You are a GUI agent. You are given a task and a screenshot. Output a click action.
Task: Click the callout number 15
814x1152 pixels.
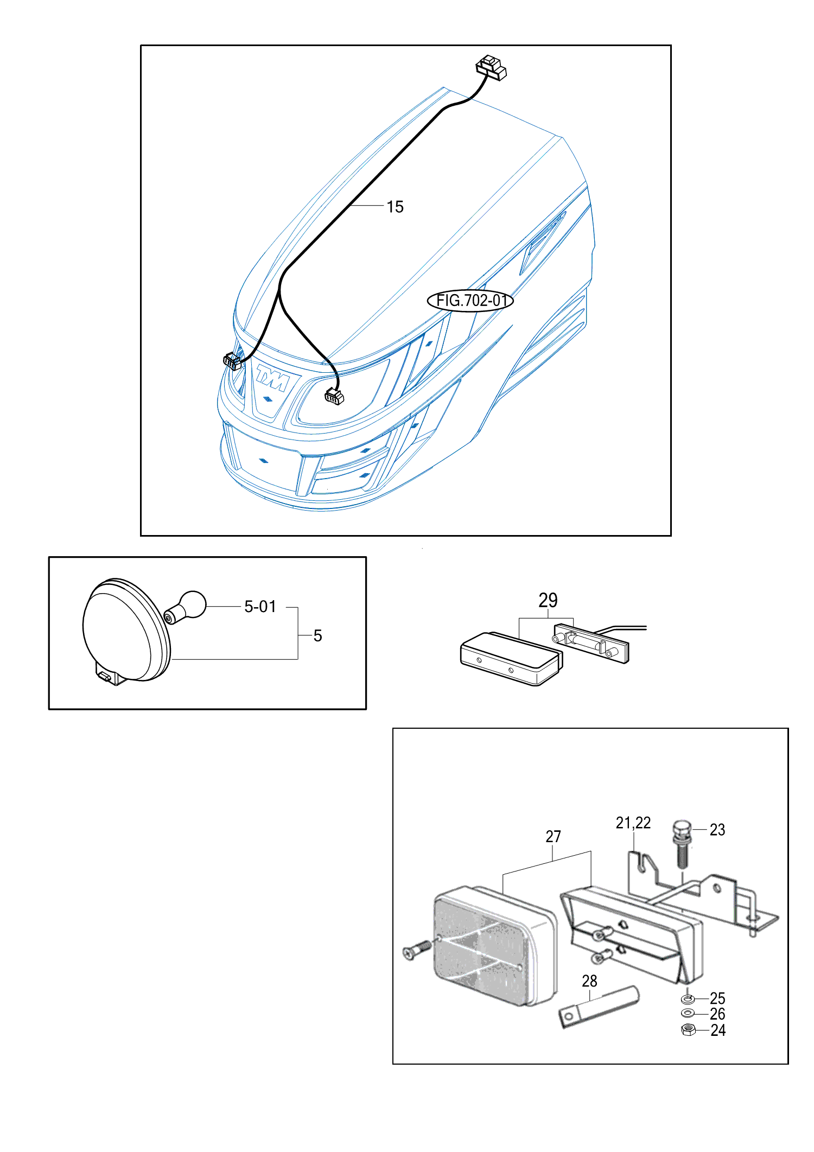click(x=395, y=207)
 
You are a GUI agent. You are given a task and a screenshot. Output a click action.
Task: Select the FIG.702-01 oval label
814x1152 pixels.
click(x=470, y=300)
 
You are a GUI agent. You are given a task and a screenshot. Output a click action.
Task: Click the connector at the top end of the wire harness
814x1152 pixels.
click(x=491, y=67)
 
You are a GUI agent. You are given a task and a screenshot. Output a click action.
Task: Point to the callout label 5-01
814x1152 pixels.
click(x=260, y=606)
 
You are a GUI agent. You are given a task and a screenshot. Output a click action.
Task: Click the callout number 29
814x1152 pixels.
click(x=548, y=600)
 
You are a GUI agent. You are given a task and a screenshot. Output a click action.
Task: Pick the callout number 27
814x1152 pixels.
click(x=553, y=837)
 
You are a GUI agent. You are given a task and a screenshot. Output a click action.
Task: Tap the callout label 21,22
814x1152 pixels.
click(x=633, y=823)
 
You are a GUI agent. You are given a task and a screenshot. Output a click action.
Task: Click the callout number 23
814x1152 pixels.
click(x=717, y=830)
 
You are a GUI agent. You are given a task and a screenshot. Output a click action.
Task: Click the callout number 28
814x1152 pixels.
click(x=589, y=981)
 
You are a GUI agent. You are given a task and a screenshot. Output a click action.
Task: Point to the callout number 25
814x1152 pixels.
click(x=717, y=998)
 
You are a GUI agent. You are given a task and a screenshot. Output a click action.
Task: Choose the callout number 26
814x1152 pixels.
click(x=717, y=1014)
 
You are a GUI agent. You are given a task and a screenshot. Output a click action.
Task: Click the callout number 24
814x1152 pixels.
click(x=718, y=1030)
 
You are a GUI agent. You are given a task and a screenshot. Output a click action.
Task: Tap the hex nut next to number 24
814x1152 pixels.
click(x=689, y=1029)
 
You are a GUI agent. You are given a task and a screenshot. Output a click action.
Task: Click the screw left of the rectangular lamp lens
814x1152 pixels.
click(x=417, y=950)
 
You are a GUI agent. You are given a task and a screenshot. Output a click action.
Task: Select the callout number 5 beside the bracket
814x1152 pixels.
click(x=318, y=636)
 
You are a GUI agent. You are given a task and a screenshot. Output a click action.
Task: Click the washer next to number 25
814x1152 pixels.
click(x=688, y=998)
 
